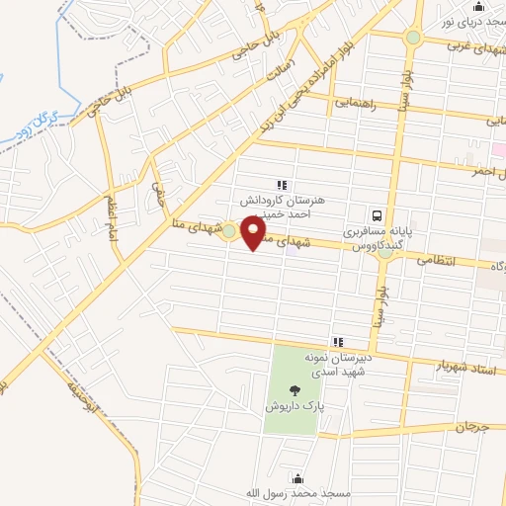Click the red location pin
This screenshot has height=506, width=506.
(x=254, y=233)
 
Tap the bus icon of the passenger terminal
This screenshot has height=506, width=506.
(x=377, y=214)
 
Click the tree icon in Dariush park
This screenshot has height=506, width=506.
(x=296, y=390)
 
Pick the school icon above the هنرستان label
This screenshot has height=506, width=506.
(x=282, y=183)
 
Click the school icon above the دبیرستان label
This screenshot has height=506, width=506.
(x=339, y=341)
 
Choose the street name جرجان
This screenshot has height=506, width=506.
(x=472, y=427)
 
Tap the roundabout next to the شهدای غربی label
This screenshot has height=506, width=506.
(x=412, y=39)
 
